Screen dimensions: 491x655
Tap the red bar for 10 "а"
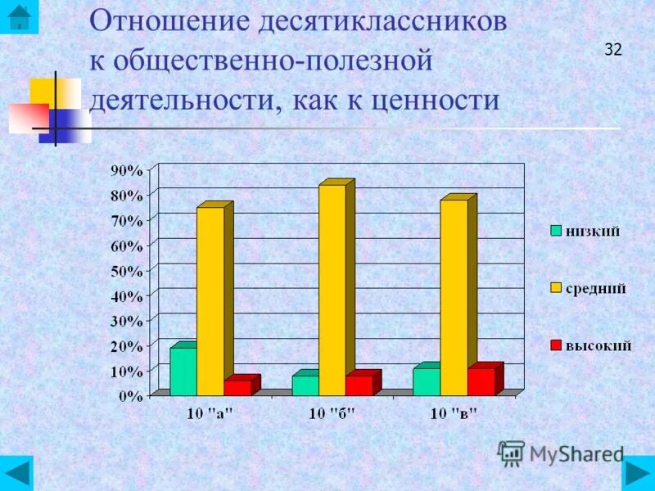(237, 387)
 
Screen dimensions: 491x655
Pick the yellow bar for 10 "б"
(332, 290)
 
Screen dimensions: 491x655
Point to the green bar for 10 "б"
(305, 385)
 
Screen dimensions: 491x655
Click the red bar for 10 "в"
(481, 381)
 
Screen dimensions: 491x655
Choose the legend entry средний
(589, 288)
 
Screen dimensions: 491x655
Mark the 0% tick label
(131, 396)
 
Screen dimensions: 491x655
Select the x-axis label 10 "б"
(332, 413)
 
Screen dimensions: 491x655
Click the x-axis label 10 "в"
(454, 413)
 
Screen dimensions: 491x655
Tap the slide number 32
(613, 49)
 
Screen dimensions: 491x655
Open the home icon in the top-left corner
(17, 16)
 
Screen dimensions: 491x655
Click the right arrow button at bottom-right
(637, 473)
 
